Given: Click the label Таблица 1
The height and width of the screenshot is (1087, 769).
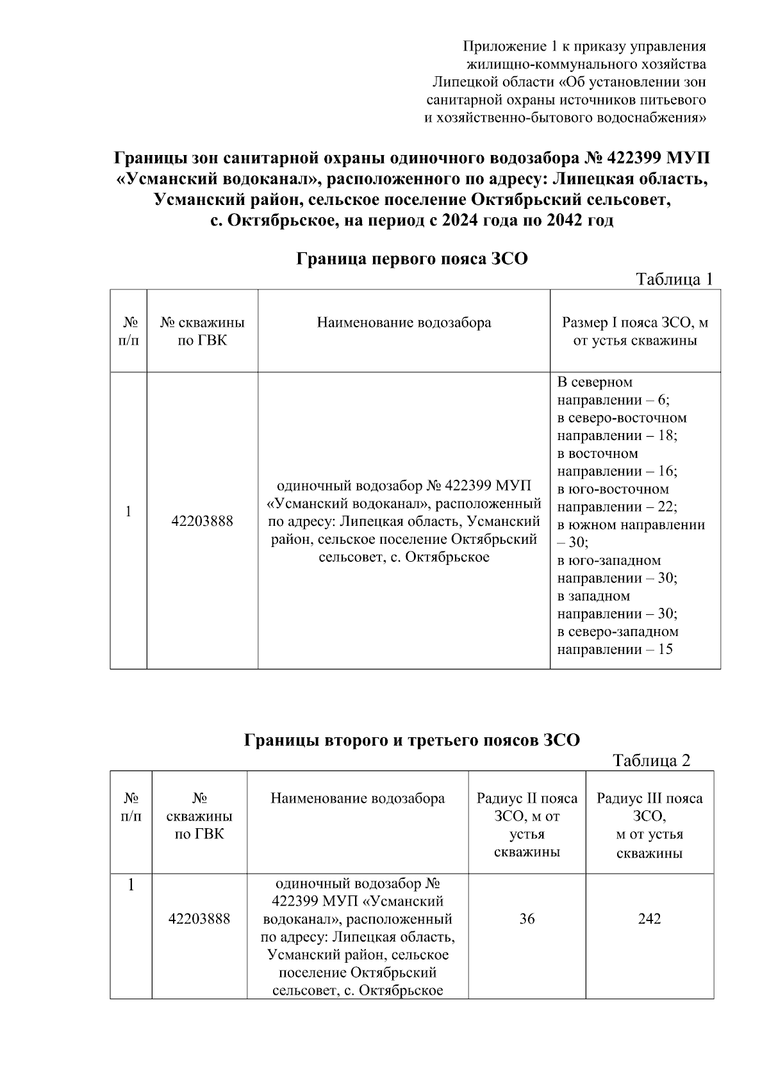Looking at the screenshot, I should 674,279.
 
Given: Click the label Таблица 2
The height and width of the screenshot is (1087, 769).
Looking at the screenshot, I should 651,760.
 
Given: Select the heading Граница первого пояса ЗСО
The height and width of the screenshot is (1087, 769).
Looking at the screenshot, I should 411,259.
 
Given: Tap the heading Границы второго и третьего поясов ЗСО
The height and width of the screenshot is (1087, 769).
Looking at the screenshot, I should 411,740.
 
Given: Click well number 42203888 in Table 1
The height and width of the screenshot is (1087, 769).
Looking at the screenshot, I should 202,521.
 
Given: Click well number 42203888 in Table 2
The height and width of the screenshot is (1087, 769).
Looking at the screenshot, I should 199,919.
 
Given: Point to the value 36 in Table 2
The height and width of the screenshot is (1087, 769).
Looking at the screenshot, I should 527,919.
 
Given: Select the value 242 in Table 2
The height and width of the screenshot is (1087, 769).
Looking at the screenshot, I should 649,919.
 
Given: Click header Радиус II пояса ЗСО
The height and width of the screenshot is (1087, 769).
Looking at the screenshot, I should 527,808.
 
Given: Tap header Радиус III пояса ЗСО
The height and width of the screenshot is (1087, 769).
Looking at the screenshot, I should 649,808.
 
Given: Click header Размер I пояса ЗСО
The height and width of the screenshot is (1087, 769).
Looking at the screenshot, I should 634,322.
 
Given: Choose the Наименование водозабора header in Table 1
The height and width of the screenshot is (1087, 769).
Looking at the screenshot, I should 404,322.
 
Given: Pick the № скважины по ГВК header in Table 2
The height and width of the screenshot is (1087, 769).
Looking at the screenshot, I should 199,817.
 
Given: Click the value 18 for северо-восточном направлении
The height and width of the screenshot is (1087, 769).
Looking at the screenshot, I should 667,436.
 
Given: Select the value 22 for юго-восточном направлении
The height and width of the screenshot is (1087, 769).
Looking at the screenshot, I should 666,507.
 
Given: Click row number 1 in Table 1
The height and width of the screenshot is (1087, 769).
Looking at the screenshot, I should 128,512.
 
